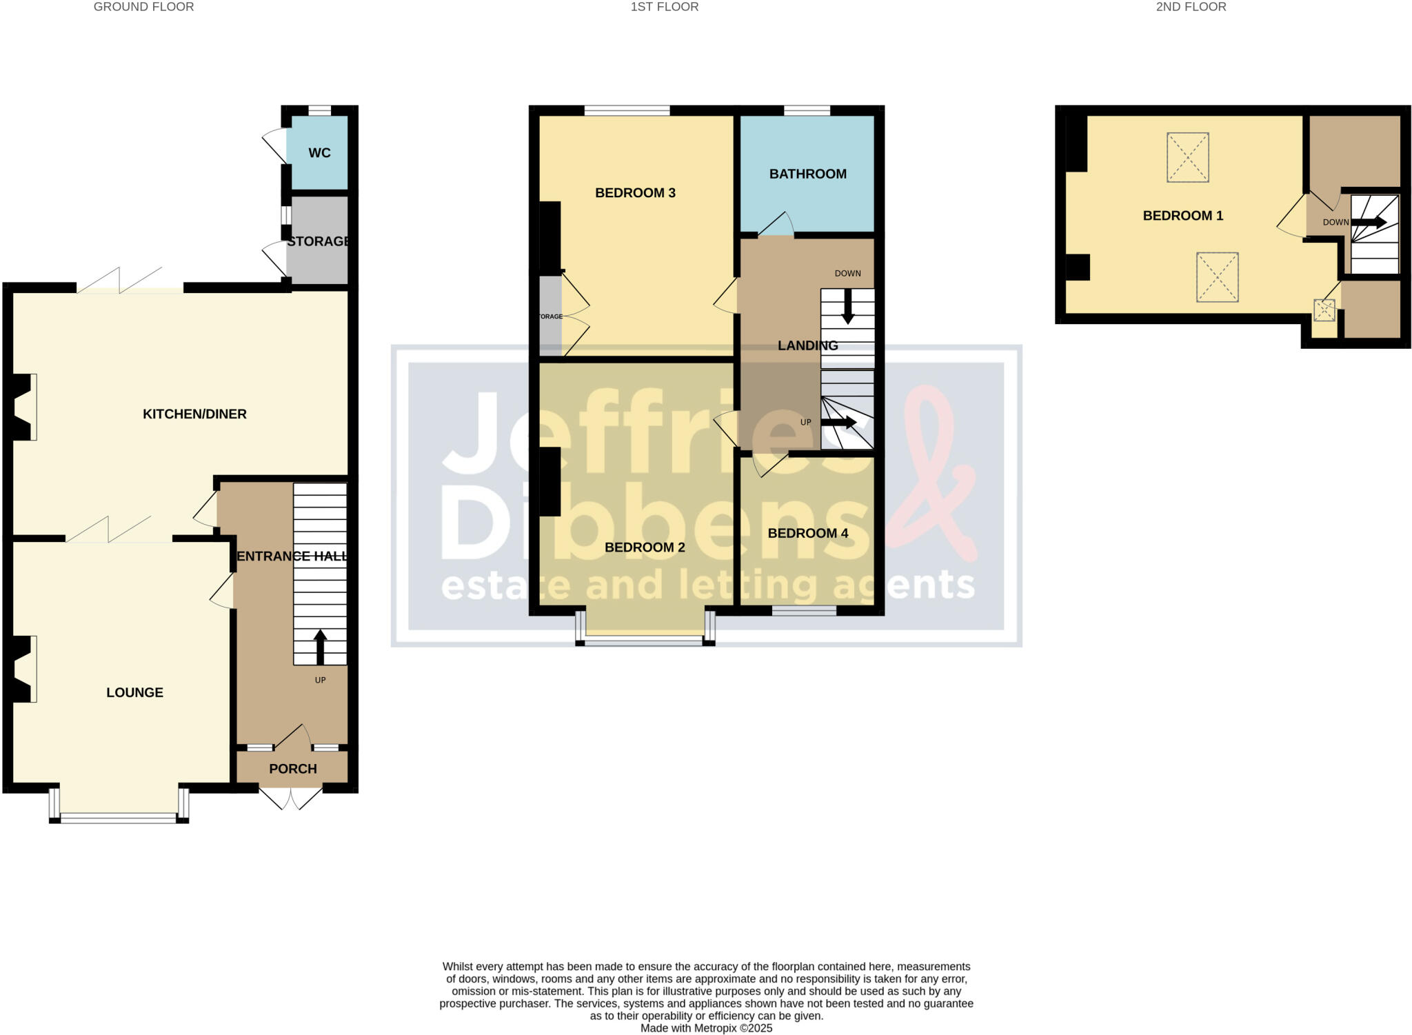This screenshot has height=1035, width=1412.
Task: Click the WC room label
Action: (x=319, y=153)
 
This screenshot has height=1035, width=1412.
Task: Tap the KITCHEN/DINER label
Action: (x=194, y=414)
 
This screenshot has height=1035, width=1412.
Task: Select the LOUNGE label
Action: (x=134, y=693)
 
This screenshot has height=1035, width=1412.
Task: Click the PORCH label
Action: (x=293, y=769)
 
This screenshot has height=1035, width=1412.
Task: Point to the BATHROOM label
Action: (x=808, y=174)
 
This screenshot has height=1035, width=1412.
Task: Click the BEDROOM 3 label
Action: (x=635, y=193)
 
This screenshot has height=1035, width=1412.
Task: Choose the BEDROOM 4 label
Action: (x=808, y=534)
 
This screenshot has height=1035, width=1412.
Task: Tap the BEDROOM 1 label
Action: (x=1183, y=216)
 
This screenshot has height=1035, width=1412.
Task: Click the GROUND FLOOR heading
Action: (x=144, y=7)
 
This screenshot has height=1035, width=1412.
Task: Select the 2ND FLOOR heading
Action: (x=1191, y=7)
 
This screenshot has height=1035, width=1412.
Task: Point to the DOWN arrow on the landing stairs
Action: (x=848, y=307)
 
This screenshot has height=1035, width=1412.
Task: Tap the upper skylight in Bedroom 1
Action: (x=1188, y=157)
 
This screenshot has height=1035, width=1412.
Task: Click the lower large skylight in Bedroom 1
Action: (x=1218, y=277)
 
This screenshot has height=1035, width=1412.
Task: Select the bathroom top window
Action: (x=807, y=110)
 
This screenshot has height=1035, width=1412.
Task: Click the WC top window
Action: (x=319, y=110)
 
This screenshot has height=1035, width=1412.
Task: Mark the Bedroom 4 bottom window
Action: (x=804, y=610)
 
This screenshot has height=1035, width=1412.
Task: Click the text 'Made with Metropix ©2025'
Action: (x=706, y=1028)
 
